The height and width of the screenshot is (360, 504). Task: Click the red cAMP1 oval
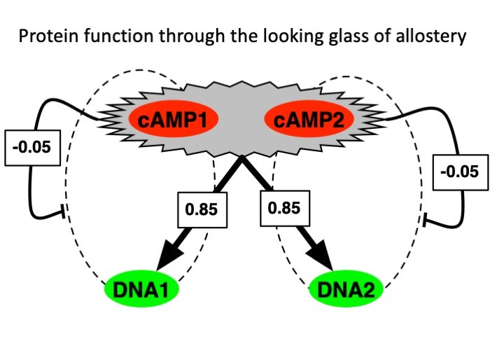[174, 118]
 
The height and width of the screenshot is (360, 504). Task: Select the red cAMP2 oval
[309, 118]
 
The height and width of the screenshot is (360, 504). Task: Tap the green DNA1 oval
[141, 289]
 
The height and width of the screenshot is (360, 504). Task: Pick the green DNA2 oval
[346, 289]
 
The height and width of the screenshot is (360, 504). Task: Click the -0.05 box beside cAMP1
[32, 148]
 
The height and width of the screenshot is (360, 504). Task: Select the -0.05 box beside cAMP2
[461, 172]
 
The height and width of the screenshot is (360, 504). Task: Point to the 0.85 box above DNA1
[202, 209]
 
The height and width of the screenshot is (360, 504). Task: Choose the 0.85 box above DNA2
[285, 208]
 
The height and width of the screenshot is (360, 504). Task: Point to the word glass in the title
[349, 36]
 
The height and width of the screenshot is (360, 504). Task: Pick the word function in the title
[118, 36]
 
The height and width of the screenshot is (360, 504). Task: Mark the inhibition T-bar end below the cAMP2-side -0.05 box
[424, 220]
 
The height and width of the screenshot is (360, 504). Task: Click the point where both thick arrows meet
[241, 157]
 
